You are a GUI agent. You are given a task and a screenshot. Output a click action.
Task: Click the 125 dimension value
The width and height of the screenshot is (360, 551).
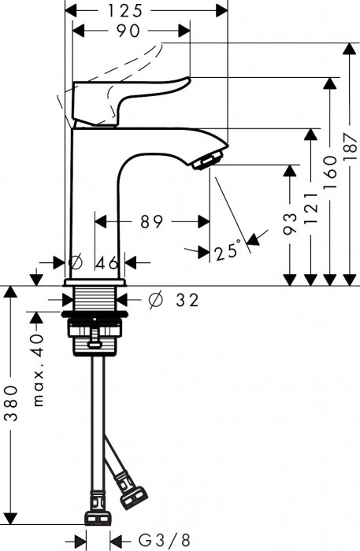146,10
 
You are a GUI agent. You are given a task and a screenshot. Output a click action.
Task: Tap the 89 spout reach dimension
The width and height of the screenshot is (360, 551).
151,222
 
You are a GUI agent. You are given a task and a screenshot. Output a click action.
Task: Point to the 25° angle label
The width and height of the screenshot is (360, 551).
227,251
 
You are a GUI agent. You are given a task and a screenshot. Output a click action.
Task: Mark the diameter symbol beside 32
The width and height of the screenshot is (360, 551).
155,299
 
